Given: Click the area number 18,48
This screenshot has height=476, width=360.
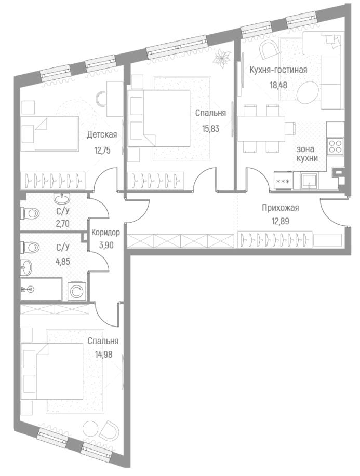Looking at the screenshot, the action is point(278,85).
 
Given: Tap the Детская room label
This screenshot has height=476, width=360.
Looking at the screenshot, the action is point(102,134).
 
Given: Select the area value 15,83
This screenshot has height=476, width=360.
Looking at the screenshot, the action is point(210,128).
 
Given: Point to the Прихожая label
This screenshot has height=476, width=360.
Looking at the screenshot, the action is point(281,208).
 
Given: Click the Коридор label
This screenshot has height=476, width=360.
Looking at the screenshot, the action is point(106,233).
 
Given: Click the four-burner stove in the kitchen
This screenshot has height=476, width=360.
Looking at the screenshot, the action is point(336,146).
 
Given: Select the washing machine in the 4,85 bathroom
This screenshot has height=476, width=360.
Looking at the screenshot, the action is point(76,291).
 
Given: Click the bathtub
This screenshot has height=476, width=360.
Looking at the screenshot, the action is point(41,289).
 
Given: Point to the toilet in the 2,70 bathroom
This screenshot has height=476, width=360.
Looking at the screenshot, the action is point(30,213).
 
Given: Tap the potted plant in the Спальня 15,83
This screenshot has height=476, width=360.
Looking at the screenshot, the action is point(221,58).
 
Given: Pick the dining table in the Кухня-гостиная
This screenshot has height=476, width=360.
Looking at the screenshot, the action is point(261,129).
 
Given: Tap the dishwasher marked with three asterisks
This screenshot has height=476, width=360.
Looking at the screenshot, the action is point(284,181).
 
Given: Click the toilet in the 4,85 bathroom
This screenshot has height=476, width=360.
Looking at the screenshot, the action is point(30,247).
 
